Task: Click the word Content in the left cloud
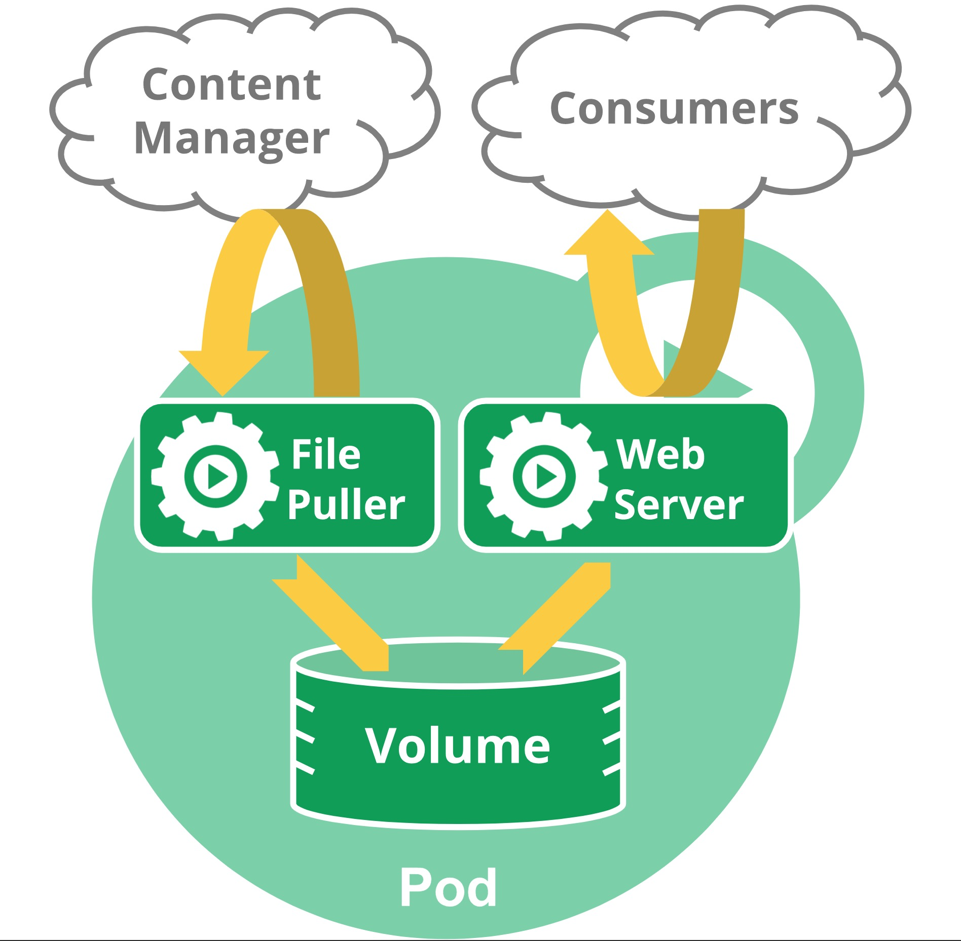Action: (232, 85)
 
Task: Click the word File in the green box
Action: (326, 454)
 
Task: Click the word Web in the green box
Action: (660, 454)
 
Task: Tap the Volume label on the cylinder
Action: (457, 746)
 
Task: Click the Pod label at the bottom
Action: (448, 887)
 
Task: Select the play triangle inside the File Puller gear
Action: (217, 477)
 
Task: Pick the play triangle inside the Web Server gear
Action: (546, 477)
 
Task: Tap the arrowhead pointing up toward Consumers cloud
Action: (609, 234)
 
